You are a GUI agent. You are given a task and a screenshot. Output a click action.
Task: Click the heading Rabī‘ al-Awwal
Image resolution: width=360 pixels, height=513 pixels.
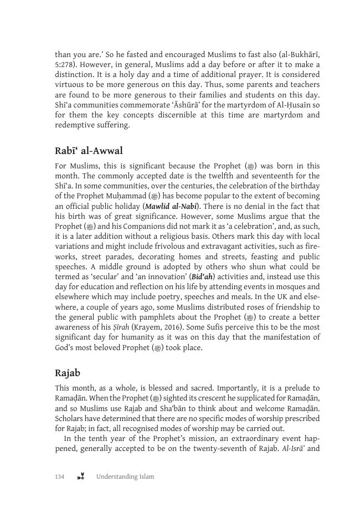[x=89, y=151]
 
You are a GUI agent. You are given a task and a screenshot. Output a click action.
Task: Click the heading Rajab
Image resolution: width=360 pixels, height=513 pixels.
[x=68, y=373]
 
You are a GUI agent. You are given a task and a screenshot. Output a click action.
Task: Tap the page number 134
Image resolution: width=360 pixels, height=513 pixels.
[x=60, y=476]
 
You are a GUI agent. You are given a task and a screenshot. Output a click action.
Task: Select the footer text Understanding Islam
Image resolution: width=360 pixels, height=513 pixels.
[x=125, y=476]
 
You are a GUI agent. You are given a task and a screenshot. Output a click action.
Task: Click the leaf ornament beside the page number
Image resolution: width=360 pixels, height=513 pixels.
[x=81, y=476]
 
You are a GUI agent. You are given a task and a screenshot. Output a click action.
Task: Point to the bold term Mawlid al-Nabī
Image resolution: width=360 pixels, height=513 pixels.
[x=170, y=206]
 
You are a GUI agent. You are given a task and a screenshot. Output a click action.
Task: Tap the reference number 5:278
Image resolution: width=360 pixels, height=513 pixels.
[x=65, y=64]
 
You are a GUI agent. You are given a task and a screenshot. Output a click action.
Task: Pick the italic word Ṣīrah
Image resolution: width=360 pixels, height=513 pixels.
[x=120, y=327]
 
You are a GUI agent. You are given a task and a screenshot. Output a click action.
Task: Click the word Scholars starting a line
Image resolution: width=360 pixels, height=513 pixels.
[x=70, y=418]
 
